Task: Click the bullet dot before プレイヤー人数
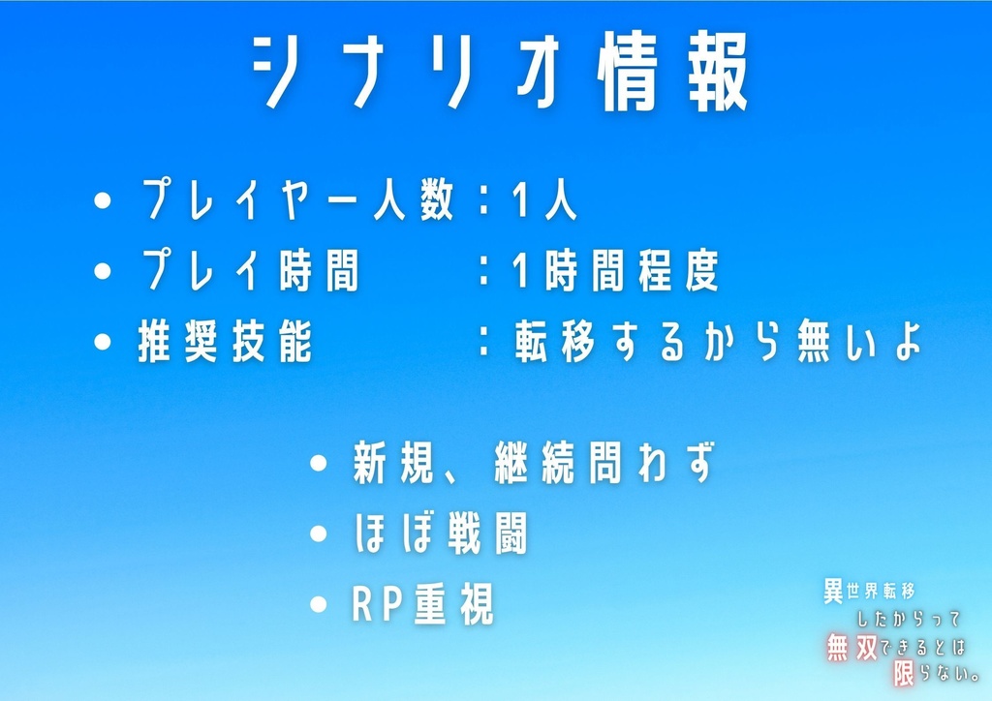104,202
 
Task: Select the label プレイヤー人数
297,202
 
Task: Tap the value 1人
544,202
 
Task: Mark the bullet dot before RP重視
319,605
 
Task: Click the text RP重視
422,605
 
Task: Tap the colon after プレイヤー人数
483,202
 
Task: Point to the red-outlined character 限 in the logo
904,674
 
